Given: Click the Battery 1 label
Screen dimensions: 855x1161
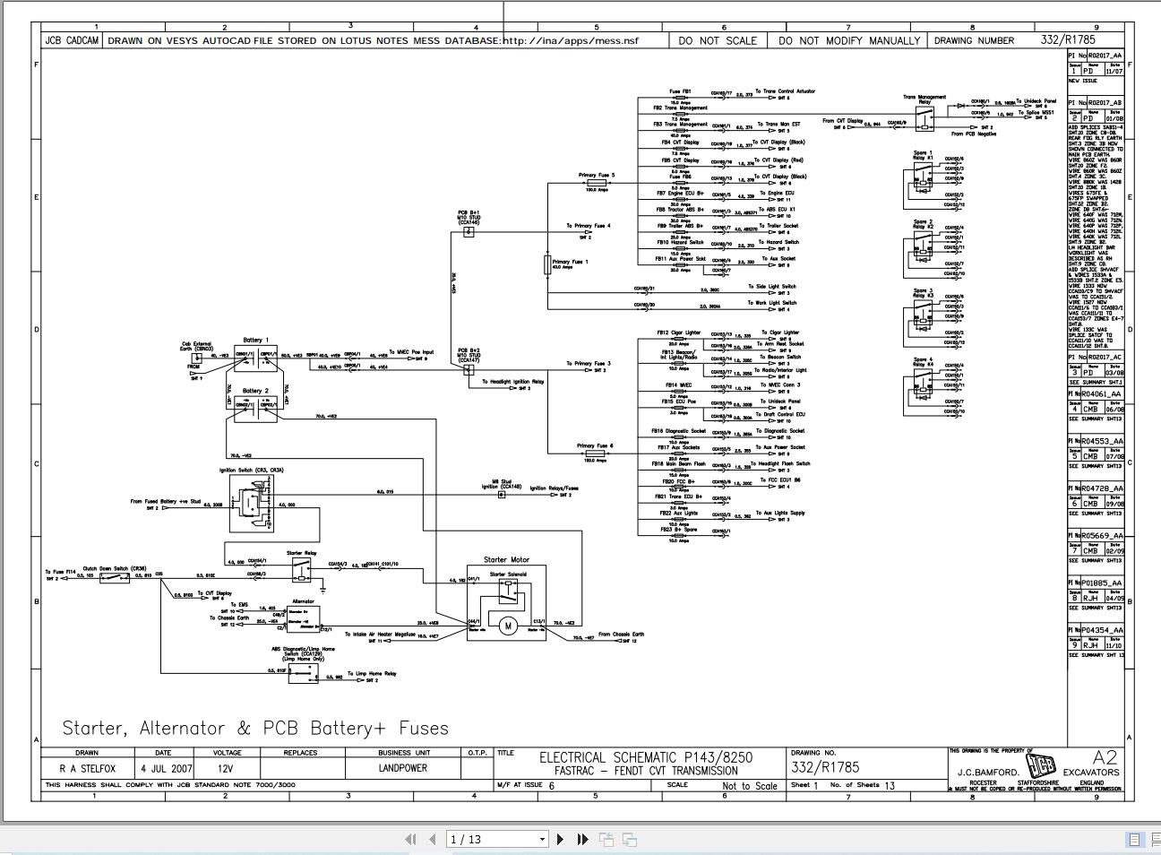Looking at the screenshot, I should (254, 341).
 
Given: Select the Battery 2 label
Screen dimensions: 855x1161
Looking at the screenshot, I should (254, 391).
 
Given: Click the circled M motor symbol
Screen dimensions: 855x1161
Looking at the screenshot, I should (507, 626).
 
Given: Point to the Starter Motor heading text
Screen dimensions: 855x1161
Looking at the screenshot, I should (506, 559).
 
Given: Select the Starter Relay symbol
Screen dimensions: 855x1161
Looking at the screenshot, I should (303, 568).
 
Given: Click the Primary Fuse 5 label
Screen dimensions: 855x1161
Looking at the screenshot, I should (597, 176).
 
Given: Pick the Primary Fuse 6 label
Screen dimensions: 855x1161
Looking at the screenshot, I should (595, 445).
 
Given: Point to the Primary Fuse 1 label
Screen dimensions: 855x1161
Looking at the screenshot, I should (571, 262).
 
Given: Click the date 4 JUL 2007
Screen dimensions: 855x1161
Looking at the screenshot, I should (166, 769).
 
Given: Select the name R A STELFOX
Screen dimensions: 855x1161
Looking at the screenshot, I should (87, 769).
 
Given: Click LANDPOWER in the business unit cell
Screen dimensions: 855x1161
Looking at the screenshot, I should (402, 768).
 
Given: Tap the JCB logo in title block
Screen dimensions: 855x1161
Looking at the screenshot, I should (1041, 767).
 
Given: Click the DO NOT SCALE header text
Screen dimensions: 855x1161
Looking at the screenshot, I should (718, 40).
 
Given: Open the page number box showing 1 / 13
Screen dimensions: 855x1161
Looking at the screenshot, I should (497, 839).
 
